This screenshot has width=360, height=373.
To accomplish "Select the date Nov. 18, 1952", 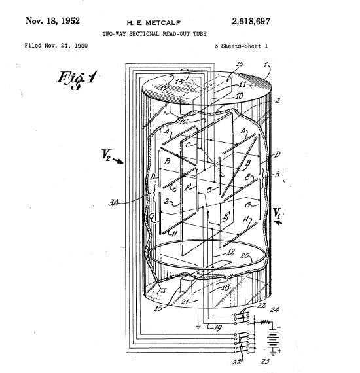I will coord(52,20).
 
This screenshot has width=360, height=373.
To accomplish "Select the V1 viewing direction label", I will coord(278,213).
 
